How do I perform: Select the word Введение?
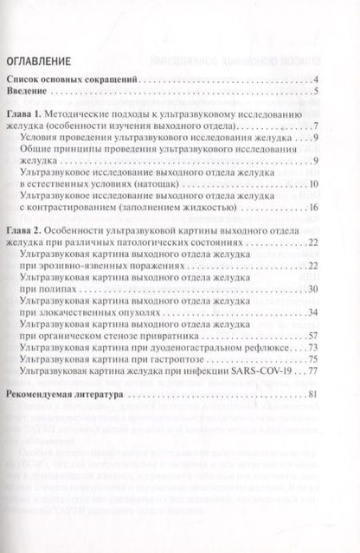30,93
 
